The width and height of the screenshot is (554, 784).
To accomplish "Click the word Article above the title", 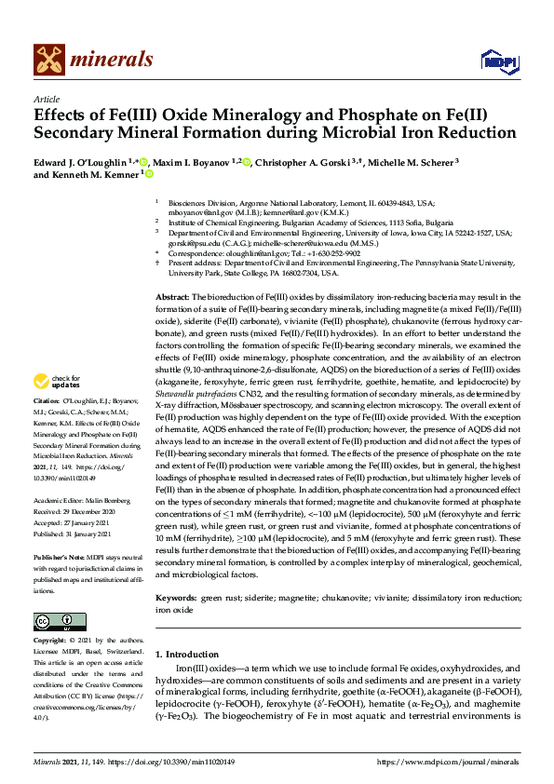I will [46, 98].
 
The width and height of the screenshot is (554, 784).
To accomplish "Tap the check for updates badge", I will [54, 407].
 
